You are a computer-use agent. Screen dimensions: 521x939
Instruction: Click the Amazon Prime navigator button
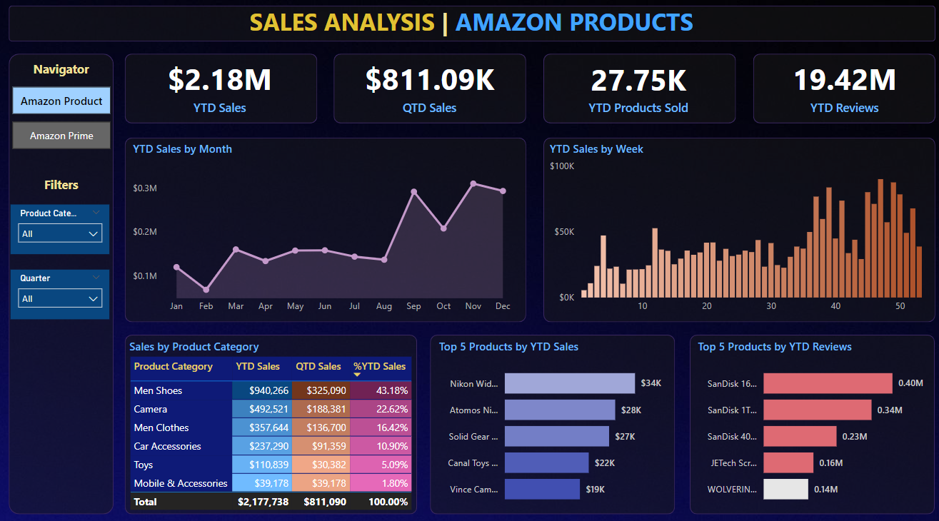click(x=61, y=136)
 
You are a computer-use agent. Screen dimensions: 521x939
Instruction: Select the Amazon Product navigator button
click(x=61, y=101)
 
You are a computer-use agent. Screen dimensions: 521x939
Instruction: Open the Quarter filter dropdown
click(x=60, y=298)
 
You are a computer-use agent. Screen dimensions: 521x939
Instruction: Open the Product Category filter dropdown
click(x=60, y=233)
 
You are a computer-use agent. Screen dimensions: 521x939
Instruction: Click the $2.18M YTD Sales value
click(x=220, y=79)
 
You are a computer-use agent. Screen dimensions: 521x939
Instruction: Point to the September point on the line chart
click(x=414, y=192)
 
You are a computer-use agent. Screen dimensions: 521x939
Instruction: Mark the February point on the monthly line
click(x=206, y=290)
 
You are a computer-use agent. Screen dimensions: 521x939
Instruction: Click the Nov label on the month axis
click(x=473, y=306)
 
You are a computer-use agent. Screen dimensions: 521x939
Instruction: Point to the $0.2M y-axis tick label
click(x=145, y=232)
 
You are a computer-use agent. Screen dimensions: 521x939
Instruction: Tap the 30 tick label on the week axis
click(x=771, y=306)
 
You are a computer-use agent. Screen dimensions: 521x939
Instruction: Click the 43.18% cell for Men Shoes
click(x=381, y=390)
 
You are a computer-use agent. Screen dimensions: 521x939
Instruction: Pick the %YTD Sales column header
click(x=379, y=367)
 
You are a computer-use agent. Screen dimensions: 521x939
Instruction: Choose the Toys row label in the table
click(x=144, y=465)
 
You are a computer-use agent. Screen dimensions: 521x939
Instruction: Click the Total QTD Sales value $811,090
click(x=319, y=502)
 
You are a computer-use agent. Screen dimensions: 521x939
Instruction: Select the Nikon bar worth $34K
click(x=569, y=383)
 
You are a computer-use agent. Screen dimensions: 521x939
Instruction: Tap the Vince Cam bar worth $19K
click(x=542, y=489)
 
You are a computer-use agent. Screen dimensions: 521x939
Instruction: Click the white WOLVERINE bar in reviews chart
click(x=785, y=489)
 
